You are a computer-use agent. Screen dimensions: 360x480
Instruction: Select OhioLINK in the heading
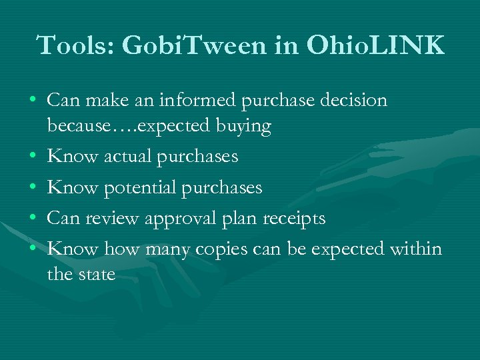(375, 45)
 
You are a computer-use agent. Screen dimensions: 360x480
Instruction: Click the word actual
(126, 157)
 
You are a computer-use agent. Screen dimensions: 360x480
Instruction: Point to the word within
(416, 249)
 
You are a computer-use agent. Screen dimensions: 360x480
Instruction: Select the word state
(98, 274)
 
